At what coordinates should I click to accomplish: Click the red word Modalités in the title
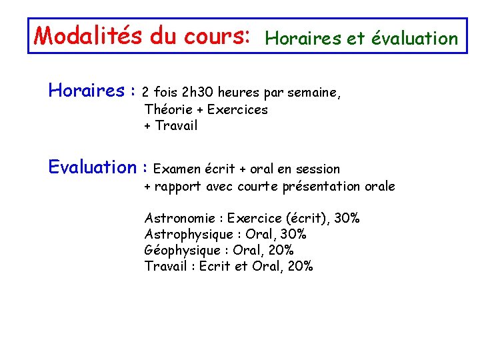(x=89, y=35)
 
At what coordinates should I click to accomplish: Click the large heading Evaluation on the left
(x=92, y=167)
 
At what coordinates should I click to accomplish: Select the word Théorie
(x=167, y=109)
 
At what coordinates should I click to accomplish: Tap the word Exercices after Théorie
(x=238, y=109)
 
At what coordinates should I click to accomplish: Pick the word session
(x=318, y=169)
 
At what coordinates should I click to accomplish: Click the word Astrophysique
(x=189, y=235)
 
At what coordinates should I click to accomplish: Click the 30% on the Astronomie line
(x=347, y=219)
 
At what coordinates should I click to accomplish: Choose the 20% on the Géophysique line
(x=280, y=251)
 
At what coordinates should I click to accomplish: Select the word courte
(x=259, y=187)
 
